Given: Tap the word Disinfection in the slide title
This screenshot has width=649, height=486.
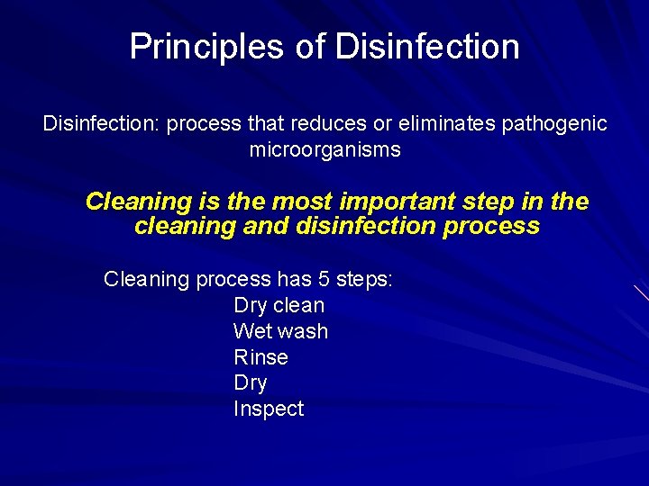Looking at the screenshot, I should point(427,47).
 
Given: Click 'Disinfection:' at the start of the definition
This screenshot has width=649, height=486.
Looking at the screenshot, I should point(98,124).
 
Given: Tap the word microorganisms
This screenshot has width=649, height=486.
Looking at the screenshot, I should point(324,149).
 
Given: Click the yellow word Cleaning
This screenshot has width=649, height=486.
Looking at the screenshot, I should point(139,202).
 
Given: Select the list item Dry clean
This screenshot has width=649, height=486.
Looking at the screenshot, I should point(279,305).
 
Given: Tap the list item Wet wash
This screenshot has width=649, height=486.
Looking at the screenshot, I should point(280,331).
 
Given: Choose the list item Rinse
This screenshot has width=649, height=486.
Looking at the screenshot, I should point(261,357).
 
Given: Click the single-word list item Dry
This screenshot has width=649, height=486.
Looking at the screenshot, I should point(250,382).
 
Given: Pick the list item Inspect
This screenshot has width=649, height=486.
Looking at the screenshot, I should point(269,409).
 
